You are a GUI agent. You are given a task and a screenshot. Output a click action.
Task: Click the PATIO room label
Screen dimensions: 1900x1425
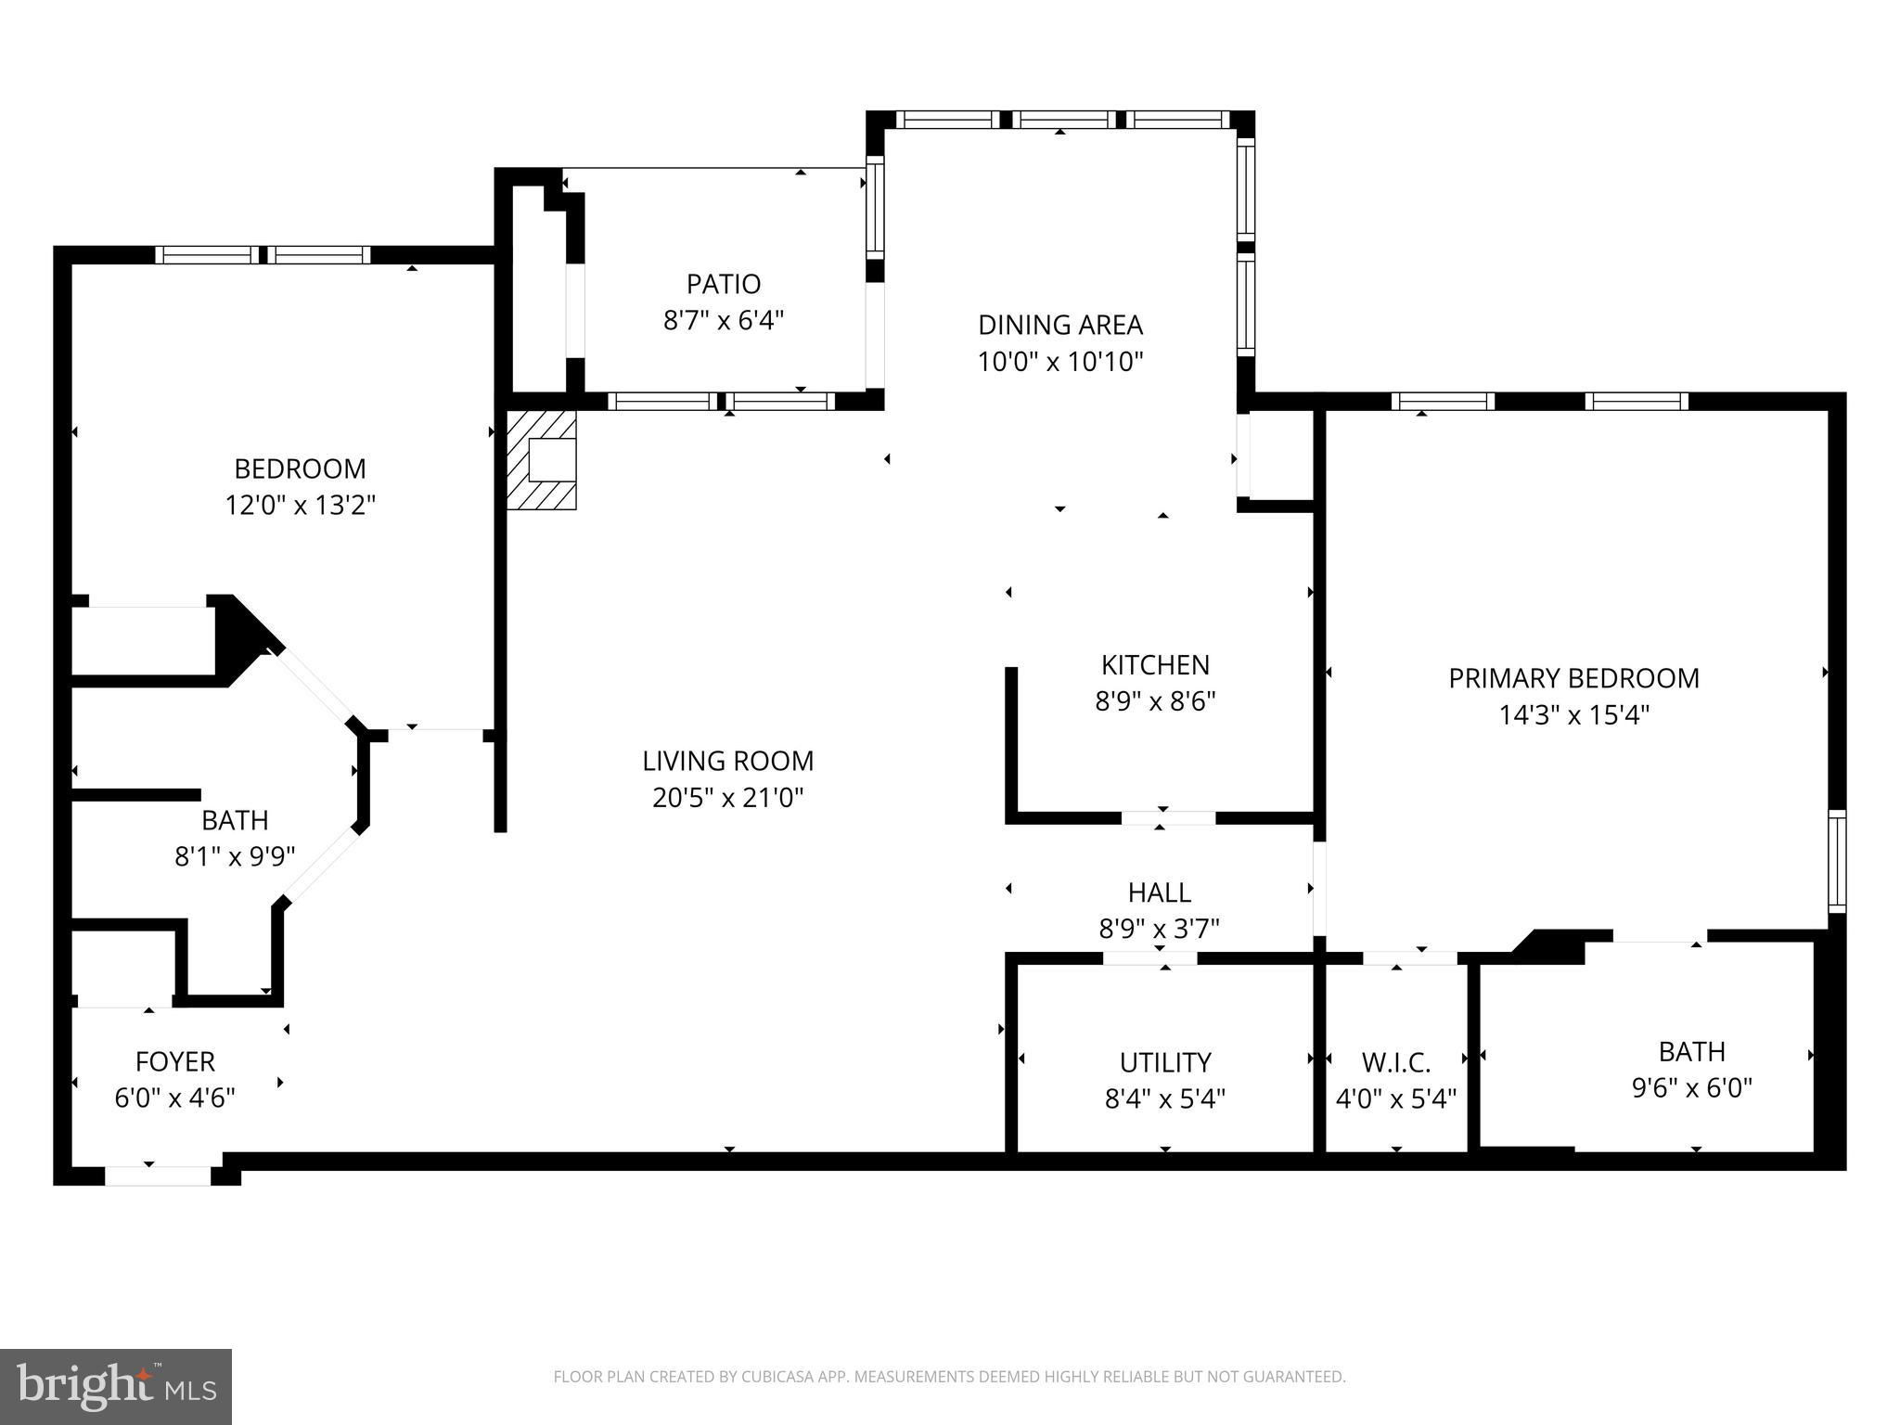(x=724, y=283)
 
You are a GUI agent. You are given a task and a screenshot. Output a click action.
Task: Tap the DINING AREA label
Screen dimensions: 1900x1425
(x=1060, y=325)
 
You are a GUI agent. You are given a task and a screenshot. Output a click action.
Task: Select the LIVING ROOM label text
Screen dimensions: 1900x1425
(x=727, y=761)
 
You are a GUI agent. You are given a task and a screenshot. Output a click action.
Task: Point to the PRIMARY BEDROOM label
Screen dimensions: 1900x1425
(x=1573, y=678)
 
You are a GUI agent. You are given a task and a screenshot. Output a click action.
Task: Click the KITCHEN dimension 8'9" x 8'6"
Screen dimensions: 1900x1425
(x=1155, y=701)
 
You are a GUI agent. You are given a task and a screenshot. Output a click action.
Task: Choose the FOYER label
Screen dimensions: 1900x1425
(x=174, y=1061)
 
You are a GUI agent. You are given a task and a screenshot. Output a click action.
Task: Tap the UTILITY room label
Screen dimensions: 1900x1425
(x=1165, y=1062)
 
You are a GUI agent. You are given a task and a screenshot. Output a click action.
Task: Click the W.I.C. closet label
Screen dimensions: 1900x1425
(x=1396, y=1062)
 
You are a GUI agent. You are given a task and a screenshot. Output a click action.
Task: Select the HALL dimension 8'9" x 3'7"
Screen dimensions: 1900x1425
(x=1159, y=929)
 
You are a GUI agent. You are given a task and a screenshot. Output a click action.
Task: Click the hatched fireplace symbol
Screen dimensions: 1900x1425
(x=542, y=459)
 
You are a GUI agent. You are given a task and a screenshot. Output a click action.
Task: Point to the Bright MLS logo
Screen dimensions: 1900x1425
(x=116, y=1387)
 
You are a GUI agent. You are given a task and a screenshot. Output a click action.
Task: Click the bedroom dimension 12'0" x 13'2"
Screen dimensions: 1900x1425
(x=300, y=506)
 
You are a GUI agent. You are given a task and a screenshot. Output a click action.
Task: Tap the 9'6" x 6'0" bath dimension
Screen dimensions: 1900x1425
(x=1691, y=1088)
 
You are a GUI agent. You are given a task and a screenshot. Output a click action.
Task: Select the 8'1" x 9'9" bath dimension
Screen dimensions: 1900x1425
(x=235, y=856)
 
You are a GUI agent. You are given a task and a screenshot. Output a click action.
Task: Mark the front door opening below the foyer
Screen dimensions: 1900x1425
(x=159, y=1176)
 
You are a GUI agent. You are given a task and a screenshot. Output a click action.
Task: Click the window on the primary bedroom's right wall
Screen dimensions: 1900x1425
(x=1837, y=862)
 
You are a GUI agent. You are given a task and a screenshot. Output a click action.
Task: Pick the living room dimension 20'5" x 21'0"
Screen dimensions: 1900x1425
(x=727, y=798)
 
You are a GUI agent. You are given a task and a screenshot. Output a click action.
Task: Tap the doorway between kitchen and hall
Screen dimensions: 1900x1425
(x=1168, y=818)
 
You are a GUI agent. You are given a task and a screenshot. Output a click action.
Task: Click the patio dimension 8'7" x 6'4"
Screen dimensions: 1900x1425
(x=724, y=321)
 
